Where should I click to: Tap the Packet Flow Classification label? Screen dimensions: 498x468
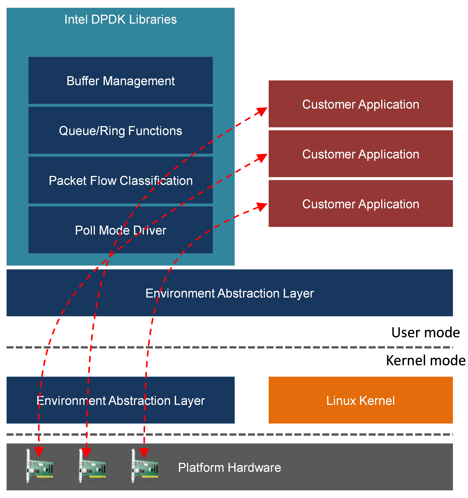pos(121,180)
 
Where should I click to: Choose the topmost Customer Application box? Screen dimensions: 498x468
pos(361,104)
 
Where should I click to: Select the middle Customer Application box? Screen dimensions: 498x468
pos(361,154)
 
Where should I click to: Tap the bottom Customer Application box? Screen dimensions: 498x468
pos(361,203)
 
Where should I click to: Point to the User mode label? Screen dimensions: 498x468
pos(425,332)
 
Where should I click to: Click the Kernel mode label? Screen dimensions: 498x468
pos(425,360)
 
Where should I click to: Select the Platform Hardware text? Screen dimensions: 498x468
pos(229,467)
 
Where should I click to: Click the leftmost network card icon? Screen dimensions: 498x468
pos(39,466)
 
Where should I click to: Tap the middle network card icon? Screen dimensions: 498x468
pos(92,466)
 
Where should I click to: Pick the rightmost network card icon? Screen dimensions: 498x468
pos(145,466)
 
